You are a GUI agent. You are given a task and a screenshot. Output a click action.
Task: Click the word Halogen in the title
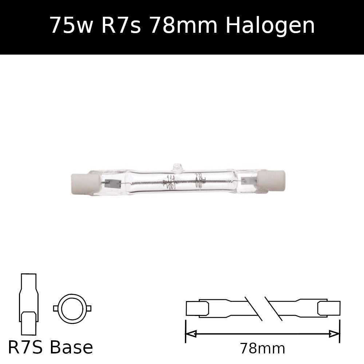[x=270, y=26]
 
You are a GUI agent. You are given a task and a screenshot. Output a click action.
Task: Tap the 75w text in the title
[x=71, y=25]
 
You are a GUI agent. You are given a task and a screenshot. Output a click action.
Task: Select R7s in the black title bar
[x=121, y=25]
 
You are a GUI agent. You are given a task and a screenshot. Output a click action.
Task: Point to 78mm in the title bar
[x=183, y=25]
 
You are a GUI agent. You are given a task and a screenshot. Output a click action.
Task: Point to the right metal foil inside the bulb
[x=249, y=181]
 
